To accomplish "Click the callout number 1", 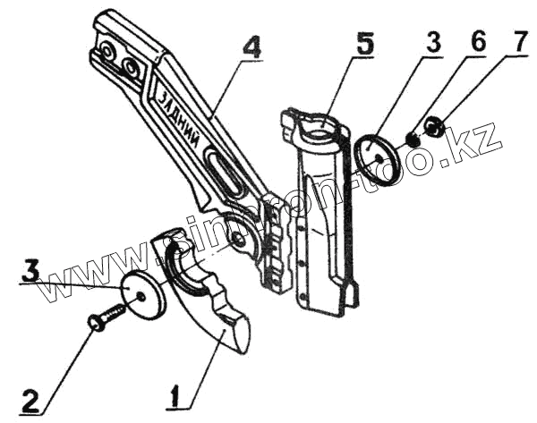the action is (177, 394).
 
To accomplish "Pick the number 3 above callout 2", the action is (31, 271).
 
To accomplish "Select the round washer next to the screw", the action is (144, 294).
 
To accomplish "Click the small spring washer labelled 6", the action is (413, 138).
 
